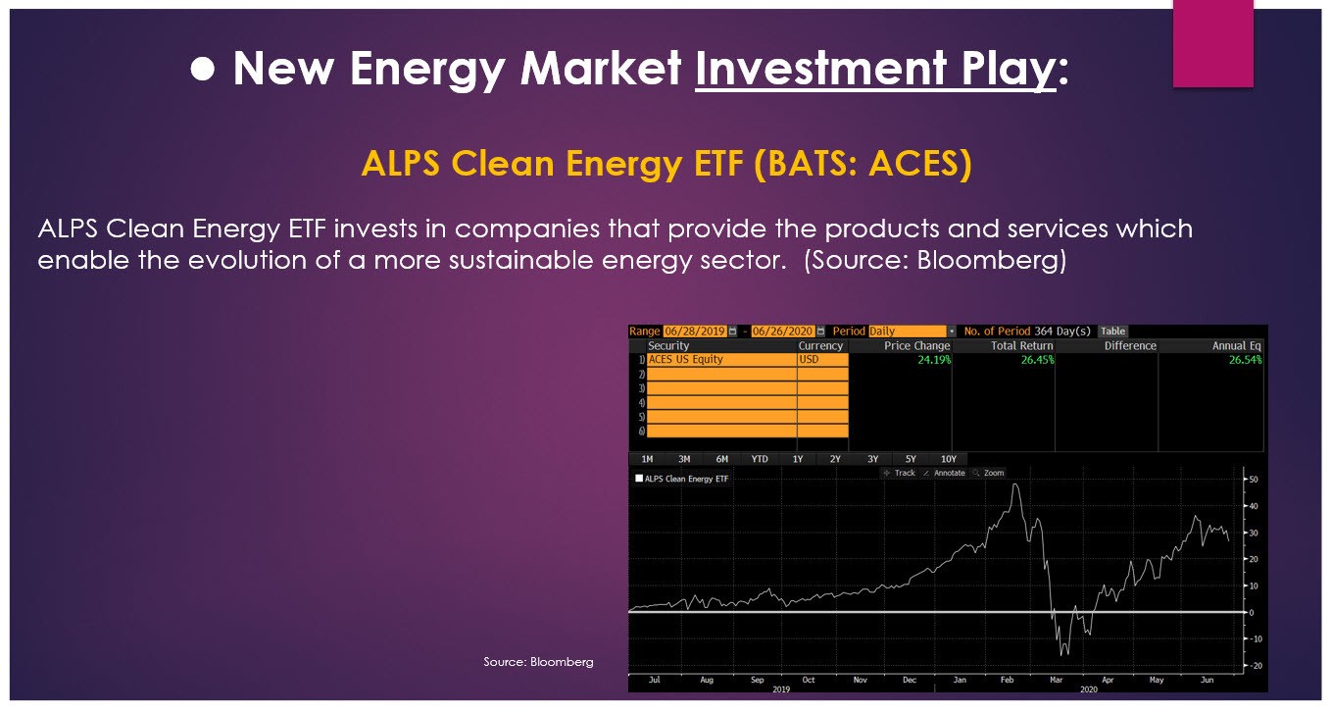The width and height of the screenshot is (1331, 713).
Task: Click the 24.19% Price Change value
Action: pyautogui.click(x=934, y=360)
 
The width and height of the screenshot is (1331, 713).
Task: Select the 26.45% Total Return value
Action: pyautogui.click(x=1038, y=360)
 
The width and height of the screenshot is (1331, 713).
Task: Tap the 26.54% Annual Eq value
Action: pyautogui.click(x=1246, y=360)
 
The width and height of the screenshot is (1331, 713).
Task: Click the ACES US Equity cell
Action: pyautogui.click(x=721, y=360)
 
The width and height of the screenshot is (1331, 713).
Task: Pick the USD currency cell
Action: pyautogui.click(x=823, y=360)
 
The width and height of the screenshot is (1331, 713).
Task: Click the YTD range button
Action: pyautogui.click(x=760, y=459)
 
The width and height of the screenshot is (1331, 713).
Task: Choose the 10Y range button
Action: pyautogui.click(x=949, y=459)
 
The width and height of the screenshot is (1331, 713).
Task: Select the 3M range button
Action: pyautogui.click(x=684, y=459)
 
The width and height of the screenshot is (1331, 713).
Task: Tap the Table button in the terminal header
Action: pyautogui.click(x=1113, y=331)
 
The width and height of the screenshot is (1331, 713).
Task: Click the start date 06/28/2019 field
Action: pyautogui.click(x=695, y=331)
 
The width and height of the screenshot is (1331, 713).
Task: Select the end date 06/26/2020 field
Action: pyautogui.click(x=782, y=331)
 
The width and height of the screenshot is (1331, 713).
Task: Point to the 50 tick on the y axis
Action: pyautogui.click(x=1254, y=480)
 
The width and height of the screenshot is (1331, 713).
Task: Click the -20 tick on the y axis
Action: pyautogui.click(x=1255, y=665)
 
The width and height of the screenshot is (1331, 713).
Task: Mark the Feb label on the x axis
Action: pyautogui.click(x=1007, y=679)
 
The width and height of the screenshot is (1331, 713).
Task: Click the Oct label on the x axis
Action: pyautogui.click(x=808, y=679)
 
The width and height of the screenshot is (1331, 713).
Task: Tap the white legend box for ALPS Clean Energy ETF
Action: pyautogui.click(x=639, y=478)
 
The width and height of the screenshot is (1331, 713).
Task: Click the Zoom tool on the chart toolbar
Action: pyautogui.click(x=989, y=473)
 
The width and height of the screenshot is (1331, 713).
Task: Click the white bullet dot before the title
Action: pyautogui.click(x=203, y=69)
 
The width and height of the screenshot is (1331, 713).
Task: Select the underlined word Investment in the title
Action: pyautogui.click(x=821, y=69)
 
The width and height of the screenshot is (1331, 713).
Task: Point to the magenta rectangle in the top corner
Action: pyautogui.click(x=1213, y=43)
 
